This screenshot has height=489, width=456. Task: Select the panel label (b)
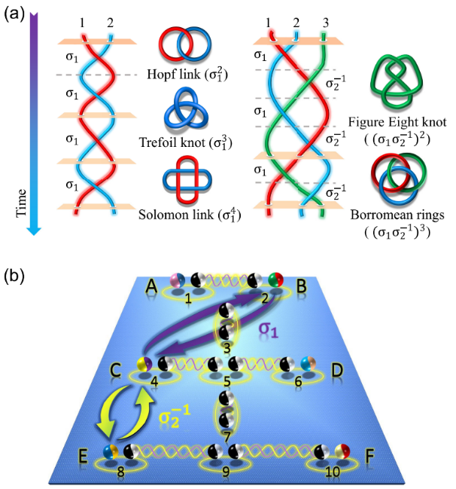(13, 276)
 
